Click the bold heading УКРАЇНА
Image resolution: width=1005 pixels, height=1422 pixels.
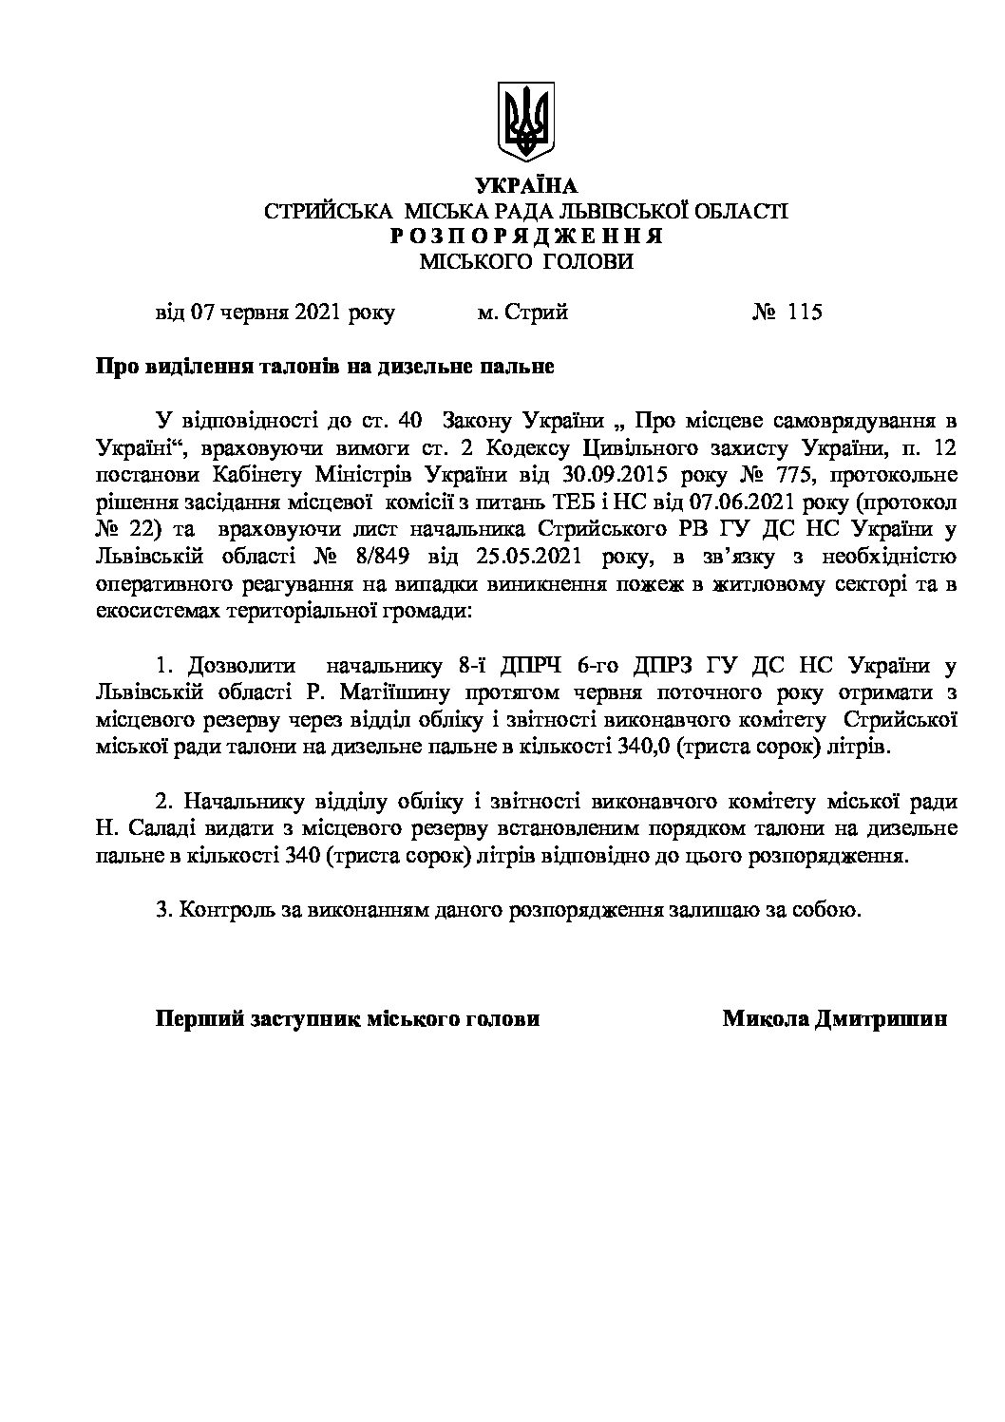525,186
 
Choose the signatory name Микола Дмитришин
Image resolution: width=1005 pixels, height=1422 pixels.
835,1019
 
